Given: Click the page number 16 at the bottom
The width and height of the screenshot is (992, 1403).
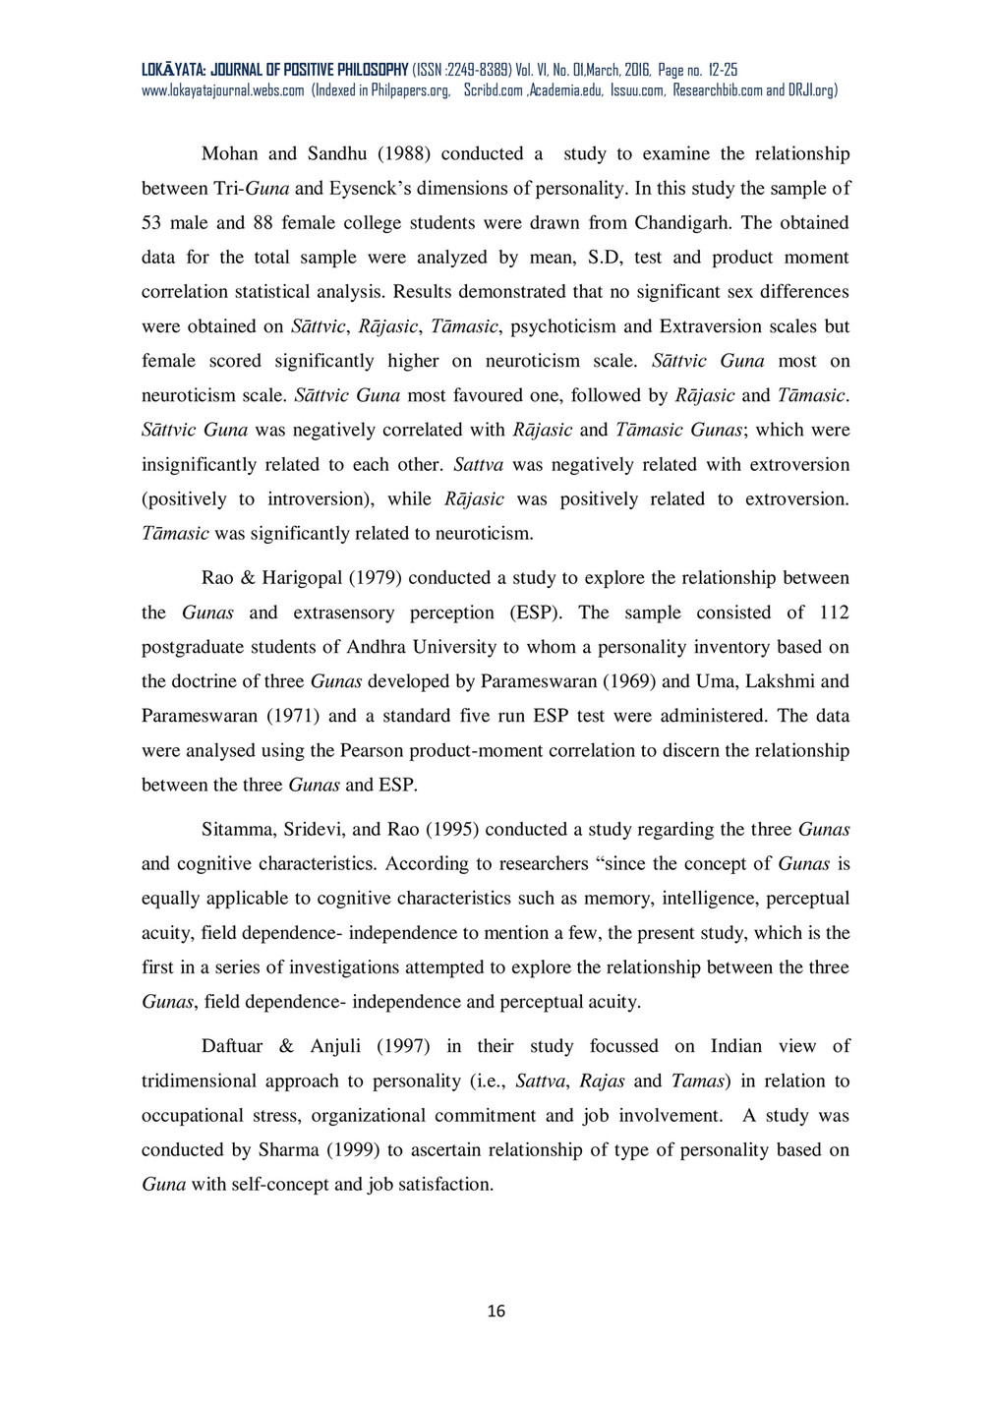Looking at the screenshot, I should [x=496, y=1311].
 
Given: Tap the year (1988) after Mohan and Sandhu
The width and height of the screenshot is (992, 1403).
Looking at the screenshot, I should [x=404, y=153].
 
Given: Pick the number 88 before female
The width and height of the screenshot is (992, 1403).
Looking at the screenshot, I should [x=263, y=222].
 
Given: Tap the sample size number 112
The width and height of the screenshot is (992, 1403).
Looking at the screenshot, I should [x=834, y=613].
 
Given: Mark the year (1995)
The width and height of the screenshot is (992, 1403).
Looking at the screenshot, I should [x=452, y=829].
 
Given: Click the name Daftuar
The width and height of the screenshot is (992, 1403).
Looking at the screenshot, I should [x=232, y=1046].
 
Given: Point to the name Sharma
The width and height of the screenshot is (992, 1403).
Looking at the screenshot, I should [x=289, y=1149].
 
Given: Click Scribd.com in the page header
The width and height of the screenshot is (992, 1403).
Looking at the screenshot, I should [x=494, y=90].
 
